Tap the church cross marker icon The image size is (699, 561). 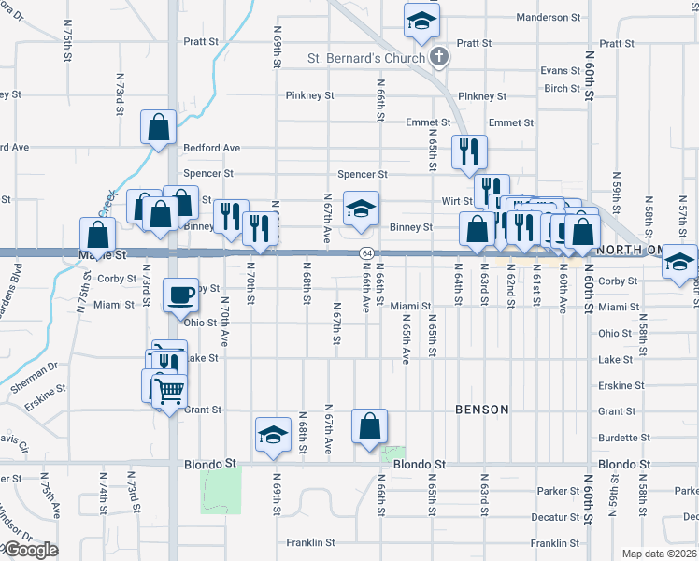439,58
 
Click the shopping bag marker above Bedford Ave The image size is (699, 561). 159,126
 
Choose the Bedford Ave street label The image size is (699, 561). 211,148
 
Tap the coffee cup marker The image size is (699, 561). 181,295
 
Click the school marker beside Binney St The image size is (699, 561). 361,208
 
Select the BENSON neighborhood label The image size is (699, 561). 481,410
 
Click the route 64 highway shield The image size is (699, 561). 367,253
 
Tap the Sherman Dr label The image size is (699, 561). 39,367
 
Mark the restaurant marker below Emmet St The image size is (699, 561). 467,151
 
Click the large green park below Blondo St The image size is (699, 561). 221,489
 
